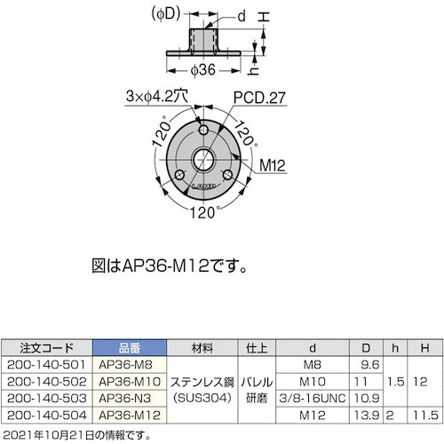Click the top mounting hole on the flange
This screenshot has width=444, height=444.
coord(205,132)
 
